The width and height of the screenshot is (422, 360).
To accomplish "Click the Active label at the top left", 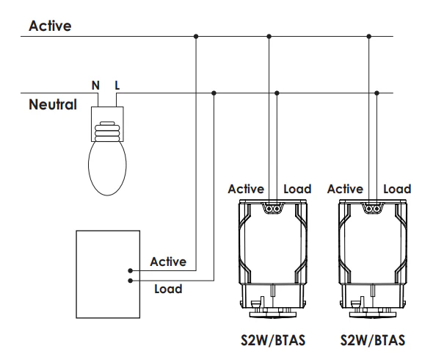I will pos(51,26).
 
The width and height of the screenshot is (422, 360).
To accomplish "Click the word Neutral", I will pos(52,104).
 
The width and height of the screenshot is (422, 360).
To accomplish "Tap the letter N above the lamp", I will pos(95,85).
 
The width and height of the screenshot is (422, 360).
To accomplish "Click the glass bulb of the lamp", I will pos(106,168).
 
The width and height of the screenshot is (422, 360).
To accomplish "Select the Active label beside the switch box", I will pos(168,262).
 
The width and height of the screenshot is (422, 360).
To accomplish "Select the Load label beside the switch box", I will pos(168,289).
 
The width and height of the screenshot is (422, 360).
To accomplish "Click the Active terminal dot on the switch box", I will pos(130,270).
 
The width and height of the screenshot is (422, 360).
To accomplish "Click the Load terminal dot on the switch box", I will pos(130,280).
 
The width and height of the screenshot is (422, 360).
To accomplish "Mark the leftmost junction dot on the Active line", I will pos(196,36).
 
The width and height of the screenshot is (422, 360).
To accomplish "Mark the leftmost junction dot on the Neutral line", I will pos(214,93).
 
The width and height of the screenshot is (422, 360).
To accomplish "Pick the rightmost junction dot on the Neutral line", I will pos(377,93).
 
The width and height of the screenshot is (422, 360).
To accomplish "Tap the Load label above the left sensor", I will pos(297,189).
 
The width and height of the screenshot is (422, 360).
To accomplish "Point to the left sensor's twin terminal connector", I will pos(273,209).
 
